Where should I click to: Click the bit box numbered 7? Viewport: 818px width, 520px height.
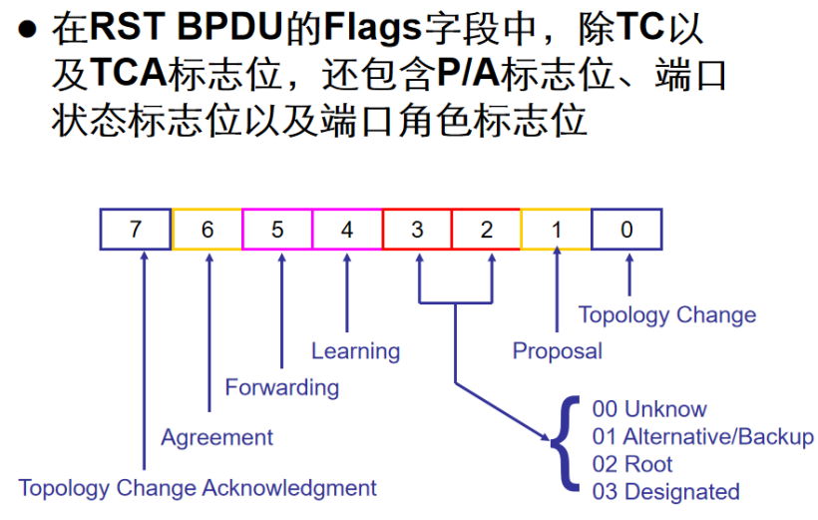(136, 230)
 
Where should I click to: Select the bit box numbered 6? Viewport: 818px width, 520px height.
(206, 230)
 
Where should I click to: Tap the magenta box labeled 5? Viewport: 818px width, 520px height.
(277, 230)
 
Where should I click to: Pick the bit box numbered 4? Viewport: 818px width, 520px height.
(347, 230)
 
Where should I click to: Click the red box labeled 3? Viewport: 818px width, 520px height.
(417, 230)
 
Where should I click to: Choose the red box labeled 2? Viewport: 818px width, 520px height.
(486, 230)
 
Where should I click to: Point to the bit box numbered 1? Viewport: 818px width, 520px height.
(556, 230)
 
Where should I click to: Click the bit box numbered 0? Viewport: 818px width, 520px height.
(626, 230)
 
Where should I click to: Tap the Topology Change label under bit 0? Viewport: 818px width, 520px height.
(666, 315)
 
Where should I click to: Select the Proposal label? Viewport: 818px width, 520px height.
(557, 351)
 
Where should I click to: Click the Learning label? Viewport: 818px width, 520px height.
(355, 351)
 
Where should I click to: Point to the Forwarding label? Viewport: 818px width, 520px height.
(281, 387)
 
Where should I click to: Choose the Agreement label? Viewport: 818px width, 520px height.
(216, 437)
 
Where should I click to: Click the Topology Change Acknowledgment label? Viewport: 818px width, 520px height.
(198, 488)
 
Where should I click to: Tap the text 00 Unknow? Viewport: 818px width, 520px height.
(648, 409)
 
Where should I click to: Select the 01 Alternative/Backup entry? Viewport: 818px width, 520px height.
(702, 437)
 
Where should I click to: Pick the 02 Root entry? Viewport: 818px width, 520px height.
(632, 464)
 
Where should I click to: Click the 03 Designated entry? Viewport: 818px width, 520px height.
(665, 492)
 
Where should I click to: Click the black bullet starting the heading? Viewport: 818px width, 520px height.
(31, 30)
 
